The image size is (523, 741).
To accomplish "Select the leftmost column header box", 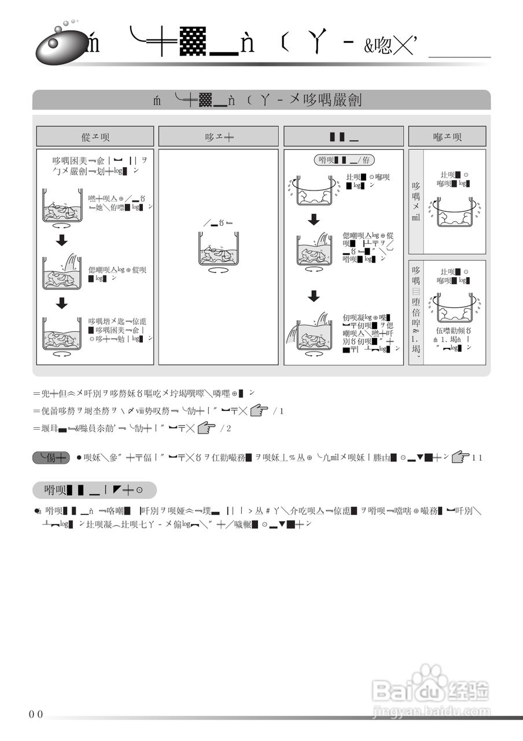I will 95,137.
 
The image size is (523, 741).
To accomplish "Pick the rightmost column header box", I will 447,137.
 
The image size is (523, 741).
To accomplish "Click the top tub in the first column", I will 62,207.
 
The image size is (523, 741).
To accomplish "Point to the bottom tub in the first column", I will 62,334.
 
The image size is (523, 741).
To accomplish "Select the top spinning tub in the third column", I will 314,192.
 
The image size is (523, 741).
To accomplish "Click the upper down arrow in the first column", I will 62,240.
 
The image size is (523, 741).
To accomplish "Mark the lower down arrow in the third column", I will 314,296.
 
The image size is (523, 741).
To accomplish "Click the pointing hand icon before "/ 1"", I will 260,410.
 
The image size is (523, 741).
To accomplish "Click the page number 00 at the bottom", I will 36,714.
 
